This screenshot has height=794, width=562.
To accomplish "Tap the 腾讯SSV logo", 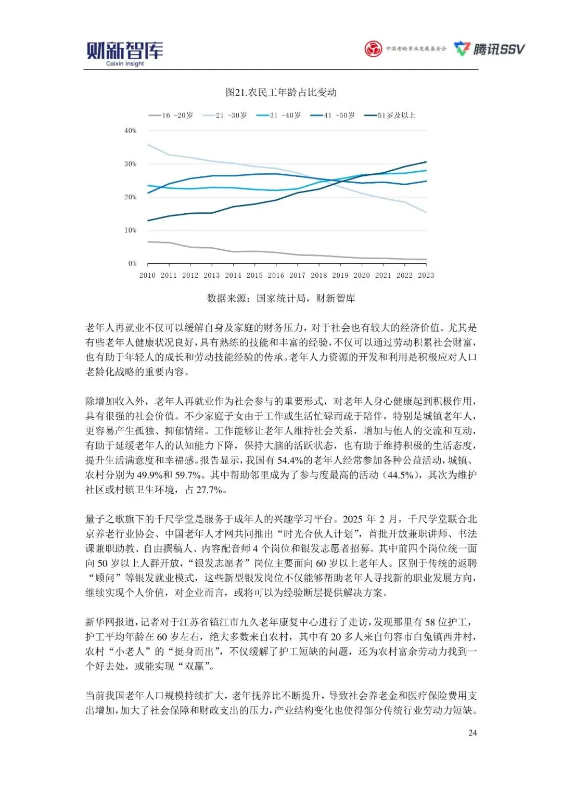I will [489, 49].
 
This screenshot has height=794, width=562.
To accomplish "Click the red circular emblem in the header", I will [373, 49].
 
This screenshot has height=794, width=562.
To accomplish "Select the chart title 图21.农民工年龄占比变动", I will [281, 92].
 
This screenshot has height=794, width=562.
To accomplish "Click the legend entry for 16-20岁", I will [171, 115].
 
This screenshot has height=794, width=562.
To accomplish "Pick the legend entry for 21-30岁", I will [225, 115].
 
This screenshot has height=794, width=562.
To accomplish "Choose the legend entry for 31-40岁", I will [279, 115].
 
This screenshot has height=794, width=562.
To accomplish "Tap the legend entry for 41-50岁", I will [333, 115].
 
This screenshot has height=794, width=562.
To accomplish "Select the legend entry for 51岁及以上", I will [390, 115].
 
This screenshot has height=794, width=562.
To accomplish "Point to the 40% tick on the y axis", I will [130, 131].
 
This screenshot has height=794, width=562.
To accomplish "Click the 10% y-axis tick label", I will [130, 230].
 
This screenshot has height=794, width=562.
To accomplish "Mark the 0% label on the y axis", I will [132, 263].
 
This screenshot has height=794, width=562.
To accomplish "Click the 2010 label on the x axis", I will [147, 275].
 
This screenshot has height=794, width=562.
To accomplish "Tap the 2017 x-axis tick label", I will [297, 275].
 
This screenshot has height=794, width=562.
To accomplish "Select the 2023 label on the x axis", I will [426, 275].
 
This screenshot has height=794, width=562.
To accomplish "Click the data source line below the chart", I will [281, 298].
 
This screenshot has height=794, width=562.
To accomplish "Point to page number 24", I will [472, 733].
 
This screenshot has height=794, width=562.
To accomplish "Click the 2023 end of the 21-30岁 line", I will [426, 212].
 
